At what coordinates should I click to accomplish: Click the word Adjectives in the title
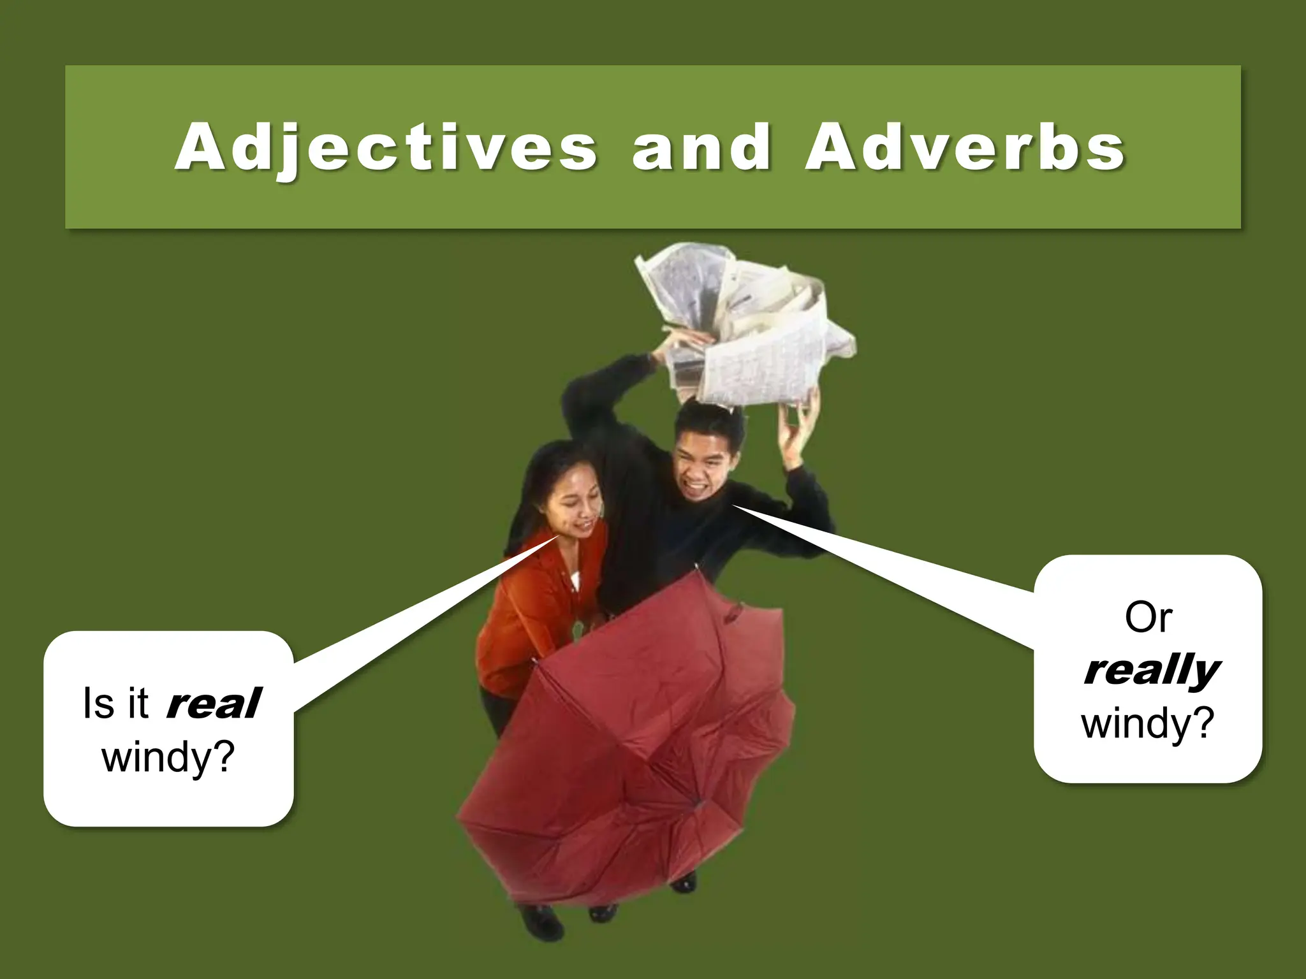point(386,148)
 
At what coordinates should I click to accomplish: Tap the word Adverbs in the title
point(965,148)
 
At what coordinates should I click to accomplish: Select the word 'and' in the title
point(701,148)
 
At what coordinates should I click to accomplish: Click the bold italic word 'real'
point(213,703)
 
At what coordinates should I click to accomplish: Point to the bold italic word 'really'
point(1151,671)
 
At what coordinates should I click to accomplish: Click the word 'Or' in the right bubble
point(1148,617)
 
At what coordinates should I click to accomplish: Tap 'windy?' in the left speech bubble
point(168,757)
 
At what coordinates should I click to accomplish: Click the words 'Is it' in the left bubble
point(115,704)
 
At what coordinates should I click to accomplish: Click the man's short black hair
point(711,417)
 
